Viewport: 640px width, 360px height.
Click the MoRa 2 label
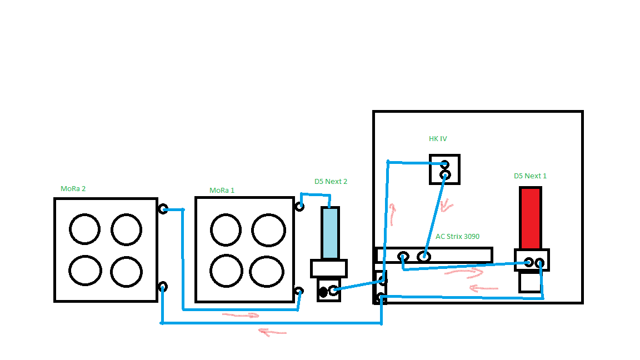73,188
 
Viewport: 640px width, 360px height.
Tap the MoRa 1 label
222,190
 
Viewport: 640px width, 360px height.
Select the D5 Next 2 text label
331,181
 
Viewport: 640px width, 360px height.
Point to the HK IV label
438,138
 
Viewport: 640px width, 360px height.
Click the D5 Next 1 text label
530,176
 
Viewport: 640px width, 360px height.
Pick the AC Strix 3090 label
457,236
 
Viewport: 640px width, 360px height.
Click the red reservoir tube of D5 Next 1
530,218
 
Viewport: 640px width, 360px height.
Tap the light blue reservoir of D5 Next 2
330,233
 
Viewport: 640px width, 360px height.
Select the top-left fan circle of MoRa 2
85,228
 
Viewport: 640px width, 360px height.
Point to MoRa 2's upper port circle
163,209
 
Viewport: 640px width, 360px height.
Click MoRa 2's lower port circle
162,287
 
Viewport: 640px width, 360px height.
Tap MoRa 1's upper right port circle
299,207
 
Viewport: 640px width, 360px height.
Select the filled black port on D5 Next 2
323,292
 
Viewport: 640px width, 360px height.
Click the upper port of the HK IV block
444,164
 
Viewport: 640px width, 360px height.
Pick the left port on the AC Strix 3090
404,257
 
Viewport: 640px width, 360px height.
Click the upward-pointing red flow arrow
393,214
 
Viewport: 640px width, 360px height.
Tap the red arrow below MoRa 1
241,316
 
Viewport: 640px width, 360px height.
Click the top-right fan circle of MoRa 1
269,228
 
